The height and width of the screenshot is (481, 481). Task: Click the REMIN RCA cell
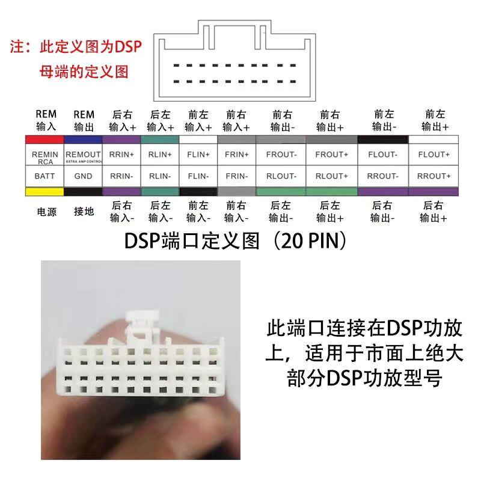pos(45,158)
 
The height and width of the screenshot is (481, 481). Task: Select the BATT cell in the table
pos(44,176)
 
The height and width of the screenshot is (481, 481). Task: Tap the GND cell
pos(83,176)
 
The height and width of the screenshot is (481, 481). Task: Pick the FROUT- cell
pos(281,155)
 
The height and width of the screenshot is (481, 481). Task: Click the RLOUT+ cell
pos(332,176)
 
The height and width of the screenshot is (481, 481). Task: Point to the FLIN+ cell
pos(198,155)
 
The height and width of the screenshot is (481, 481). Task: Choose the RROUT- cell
pos(383,176)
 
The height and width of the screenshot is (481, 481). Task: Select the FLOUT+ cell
pos(434,155)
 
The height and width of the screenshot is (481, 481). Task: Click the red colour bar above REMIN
pos(45,139)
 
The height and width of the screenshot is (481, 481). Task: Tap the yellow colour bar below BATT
pos(44,191)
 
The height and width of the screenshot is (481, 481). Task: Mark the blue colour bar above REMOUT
pos(83,139)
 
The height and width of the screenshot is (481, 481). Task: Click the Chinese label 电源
pos(46,212)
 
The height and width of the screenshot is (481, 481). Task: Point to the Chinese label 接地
pos(84,212)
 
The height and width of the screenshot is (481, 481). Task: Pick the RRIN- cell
pos(122,176)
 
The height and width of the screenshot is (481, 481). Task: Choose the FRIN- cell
pos(236,176)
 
